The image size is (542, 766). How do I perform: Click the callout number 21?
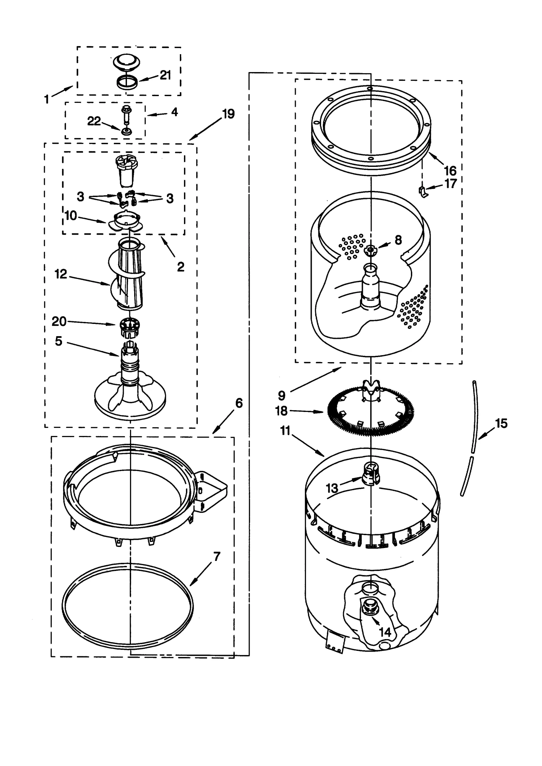[x=165, y=75]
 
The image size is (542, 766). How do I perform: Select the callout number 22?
[x=94, y=121]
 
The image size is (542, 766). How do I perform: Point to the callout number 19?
[x=229, y=114]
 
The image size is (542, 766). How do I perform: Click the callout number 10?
[x=70, y=215]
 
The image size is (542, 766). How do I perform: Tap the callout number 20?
[x=59, y=321]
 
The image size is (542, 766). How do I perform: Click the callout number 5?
[x=59, y=341]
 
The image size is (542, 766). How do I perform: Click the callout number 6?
[x=239, y=403]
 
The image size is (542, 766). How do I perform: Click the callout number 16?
[x=450, y=170]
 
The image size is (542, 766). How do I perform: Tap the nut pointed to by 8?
[x=371, y=250]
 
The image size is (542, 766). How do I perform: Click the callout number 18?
[x=281, y=411]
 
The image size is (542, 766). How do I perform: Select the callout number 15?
[x=501, y=423]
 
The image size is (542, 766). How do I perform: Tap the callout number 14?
[x=385, y=632]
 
